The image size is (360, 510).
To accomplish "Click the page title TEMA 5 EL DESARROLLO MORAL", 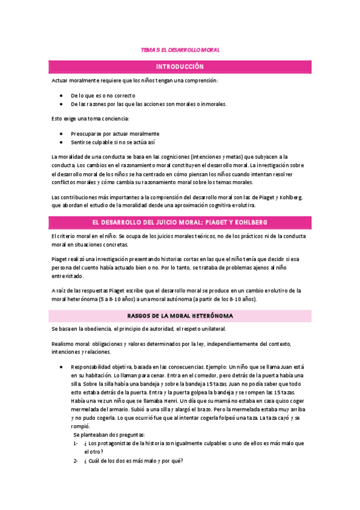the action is pos(180,51).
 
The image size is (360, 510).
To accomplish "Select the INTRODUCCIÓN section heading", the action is pos(180,66).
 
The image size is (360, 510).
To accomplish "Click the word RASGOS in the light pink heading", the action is pos(141,315).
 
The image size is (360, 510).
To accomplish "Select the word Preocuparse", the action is pos(88,134).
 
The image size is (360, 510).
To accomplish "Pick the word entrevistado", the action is pos(68,276).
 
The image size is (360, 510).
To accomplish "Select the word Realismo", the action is pos(64,343).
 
